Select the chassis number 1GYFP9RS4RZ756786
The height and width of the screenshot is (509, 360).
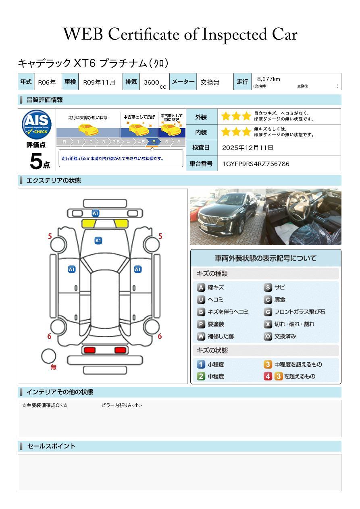(x=256, y=164)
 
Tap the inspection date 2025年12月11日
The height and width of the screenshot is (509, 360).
(x=248, y=148)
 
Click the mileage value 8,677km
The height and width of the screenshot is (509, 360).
(x=268, y=79)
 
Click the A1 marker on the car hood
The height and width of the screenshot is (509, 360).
(x=98, y=241)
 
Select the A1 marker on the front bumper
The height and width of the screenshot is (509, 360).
(x=95, y=213)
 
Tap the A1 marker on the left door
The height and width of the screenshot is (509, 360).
(x=72, y=269)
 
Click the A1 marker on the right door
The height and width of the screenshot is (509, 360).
(x=137, y=269)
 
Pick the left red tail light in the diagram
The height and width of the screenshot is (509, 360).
(x=89, y=350)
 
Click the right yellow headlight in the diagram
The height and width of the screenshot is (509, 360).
(x=121, y=224)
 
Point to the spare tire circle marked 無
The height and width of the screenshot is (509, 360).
(x=48, y=356)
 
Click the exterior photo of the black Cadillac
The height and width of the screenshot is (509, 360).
(x=227, y=217)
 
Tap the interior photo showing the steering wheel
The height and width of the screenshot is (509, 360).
(x=304, y=217)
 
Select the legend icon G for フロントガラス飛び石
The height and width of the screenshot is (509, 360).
(x=268, y=312)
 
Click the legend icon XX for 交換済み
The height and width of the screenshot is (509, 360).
(x=268, y=337)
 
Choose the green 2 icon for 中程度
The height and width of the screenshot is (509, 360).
(x=201, y=376)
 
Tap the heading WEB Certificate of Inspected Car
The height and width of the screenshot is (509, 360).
(x=180, y=34)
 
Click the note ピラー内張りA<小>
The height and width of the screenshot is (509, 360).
(x=121, y=405)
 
